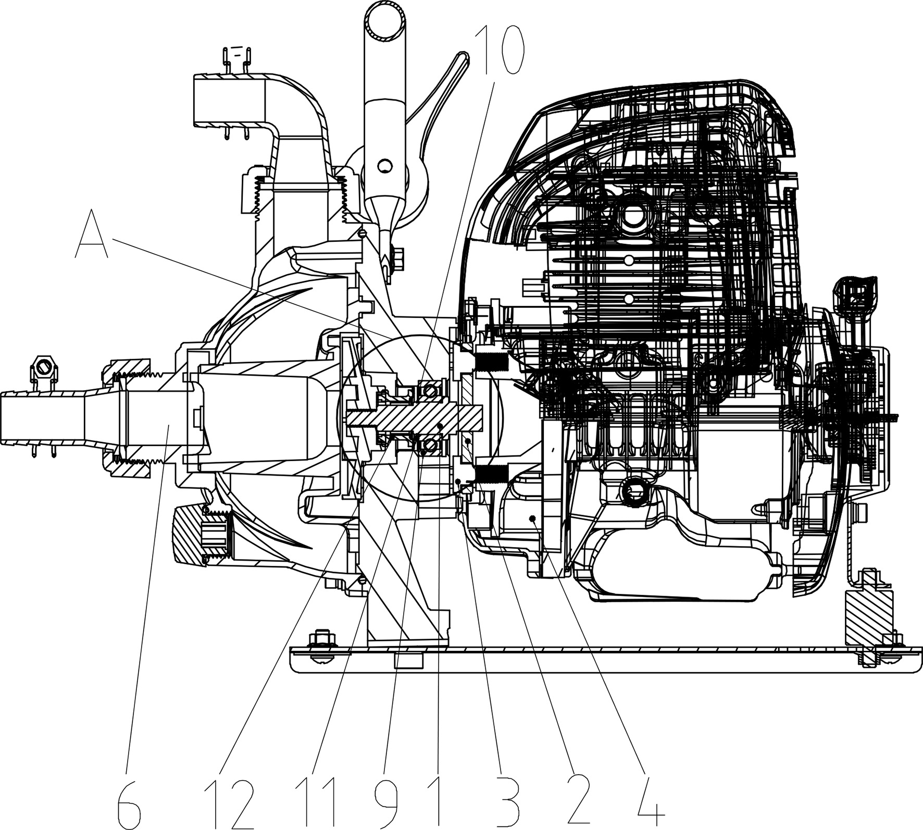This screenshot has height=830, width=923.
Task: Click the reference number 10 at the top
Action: [498, 52]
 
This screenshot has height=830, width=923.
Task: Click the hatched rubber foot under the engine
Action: [867, 624]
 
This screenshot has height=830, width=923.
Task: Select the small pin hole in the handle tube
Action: [384, 166]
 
